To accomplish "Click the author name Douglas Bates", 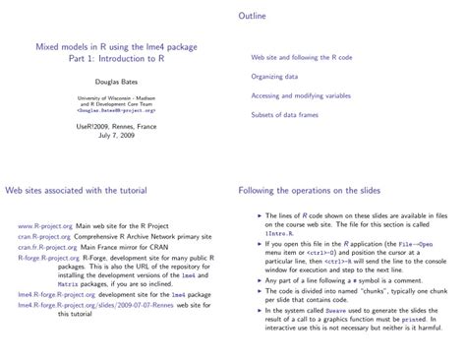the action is [115, 82].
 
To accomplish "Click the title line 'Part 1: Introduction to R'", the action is [115, 58].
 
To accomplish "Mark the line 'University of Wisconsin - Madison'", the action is [115, 98].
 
